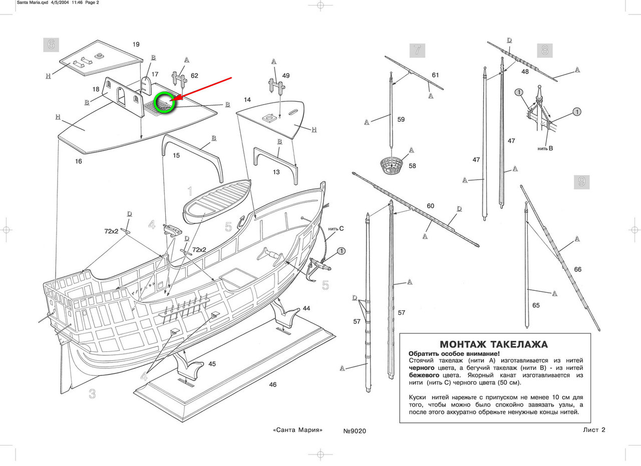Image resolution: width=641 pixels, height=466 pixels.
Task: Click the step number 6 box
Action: [51, 45]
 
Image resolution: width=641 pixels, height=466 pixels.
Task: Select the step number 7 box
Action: [417, 51]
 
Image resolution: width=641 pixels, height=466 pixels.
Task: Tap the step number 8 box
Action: [544, 51]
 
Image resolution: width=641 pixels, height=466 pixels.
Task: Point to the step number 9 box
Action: [582, 182]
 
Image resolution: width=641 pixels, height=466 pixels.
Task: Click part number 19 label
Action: [136, 45]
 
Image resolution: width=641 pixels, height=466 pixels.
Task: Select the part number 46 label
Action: [273, 384]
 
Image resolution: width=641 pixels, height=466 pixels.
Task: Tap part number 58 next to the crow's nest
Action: [412, 166]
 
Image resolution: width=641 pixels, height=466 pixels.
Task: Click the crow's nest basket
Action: [392, 165]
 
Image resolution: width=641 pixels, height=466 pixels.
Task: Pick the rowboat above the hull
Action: [217, 201]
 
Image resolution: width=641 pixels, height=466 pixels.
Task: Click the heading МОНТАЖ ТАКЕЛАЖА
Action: [494, 344]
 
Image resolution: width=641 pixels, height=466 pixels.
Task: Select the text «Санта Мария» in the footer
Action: [297, 430]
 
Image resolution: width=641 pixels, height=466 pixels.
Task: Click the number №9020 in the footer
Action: [355, 431]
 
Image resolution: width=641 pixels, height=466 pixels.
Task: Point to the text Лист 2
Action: [594, 429]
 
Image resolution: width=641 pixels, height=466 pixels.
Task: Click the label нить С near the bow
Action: [336, 229]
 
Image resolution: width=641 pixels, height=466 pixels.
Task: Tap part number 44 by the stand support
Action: [306, 308]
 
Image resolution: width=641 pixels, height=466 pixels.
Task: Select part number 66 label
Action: [578, 269]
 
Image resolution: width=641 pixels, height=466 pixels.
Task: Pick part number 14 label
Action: [247, 100]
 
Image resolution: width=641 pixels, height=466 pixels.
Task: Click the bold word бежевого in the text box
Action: [424, 375]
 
